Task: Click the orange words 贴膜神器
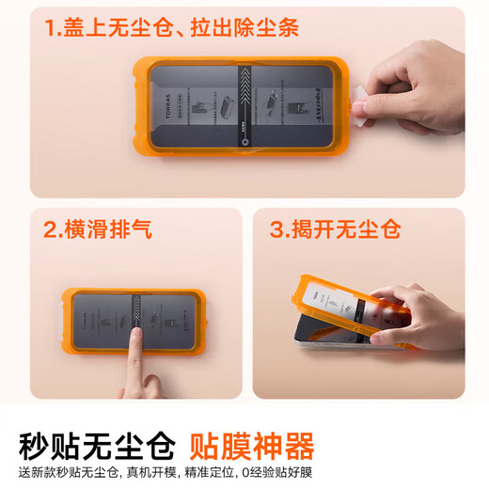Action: pyautogui.click(x=252, y=445)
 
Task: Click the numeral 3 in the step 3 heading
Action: pyautogui.click(x=279, y=229)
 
